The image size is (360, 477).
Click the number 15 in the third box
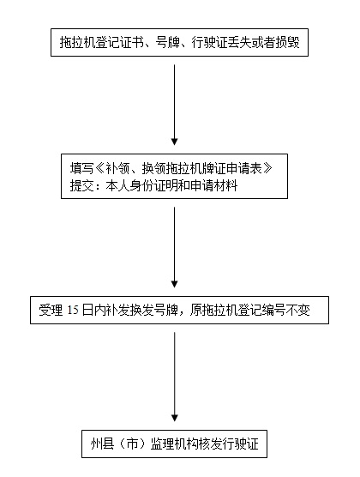(73, 310)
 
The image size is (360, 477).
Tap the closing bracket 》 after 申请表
(267, 168)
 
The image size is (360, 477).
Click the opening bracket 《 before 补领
(99, 168)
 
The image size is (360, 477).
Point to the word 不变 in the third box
(298, 311)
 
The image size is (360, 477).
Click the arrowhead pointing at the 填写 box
(174, 142)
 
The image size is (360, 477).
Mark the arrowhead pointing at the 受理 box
(174, 284)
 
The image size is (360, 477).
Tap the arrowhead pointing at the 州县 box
(174, 418)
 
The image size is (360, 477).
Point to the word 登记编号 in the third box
(261, 311)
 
